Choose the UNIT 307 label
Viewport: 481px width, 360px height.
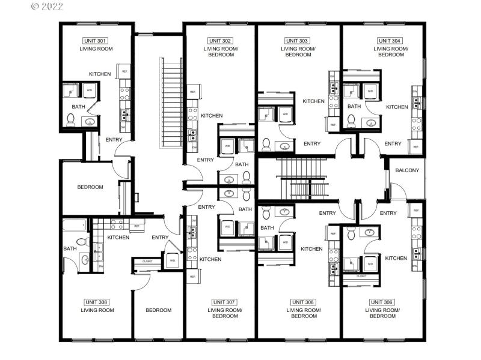(x=224, y=302)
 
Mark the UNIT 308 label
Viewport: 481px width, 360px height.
(x=97, y=302)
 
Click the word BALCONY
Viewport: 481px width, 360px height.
(x=407, y=170)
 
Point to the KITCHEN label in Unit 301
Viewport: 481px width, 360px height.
(x=100, y=74)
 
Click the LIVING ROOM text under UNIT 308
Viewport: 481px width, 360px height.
(x=97, y=310)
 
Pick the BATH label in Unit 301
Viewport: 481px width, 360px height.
(x=78, y=107)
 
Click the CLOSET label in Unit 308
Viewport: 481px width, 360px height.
(x=147, y=261)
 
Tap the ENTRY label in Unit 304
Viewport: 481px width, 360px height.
(x=392, y=143)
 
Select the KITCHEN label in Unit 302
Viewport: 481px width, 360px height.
(x=212, y=116)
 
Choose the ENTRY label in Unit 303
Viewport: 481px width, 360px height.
(x=311, y=143)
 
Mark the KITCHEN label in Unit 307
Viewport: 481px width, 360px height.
(x=210, y=259)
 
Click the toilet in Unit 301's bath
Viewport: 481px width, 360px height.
(x=70, y=121)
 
